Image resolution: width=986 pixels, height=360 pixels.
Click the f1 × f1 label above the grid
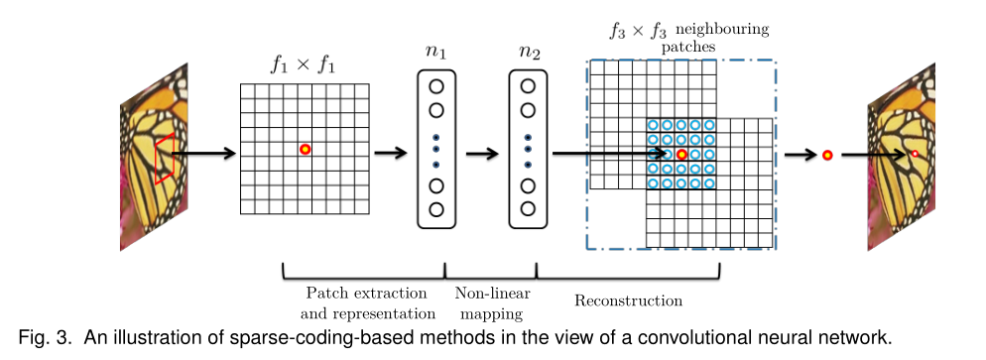point(304,64)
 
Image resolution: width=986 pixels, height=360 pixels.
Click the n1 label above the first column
point(436,52)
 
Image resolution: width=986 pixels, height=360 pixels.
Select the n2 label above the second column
point(528,52)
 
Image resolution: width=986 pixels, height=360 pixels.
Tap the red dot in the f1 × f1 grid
point(305,149)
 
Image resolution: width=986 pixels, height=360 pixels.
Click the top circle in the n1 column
point(436,86)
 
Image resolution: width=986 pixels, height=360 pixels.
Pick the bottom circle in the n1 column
point(436,208)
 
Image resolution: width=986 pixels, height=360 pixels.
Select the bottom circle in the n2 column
point(528,208)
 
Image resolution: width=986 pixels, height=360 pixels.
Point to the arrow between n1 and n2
point(481,154)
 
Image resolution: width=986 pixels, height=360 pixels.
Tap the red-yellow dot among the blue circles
point(681,154)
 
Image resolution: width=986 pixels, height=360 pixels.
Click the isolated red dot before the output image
point(826,155)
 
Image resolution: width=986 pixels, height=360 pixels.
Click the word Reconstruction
point(629,300)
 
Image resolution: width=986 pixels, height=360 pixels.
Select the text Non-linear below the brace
point(492,294)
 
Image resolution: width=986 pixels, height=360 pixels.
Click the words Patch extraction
point(366,294)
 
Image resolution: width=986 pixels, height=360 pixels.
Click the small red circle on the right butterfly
point(915,154)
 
